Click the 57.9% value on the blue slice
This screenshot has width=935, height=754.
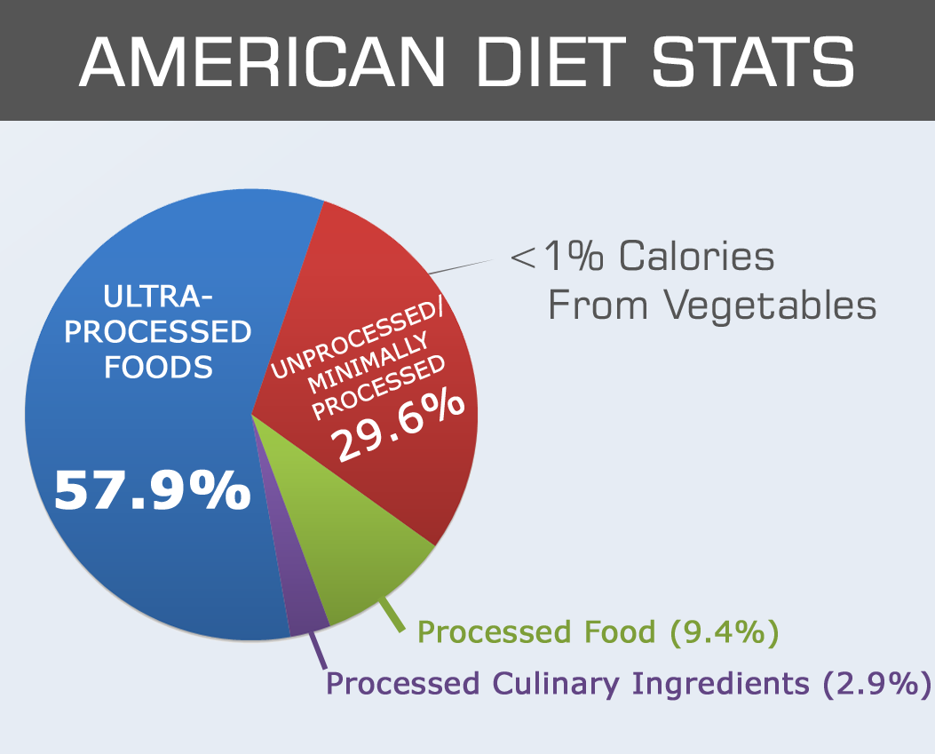[152, 489]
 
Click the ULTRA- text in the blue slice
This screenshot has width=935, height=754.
[159, 297]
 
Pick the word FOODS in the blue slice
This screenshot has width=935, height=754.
[159, 366]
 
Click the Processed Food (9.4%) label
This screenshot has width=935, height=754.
[597, 633]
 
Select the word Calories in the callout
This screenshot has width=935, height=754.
[696, 258]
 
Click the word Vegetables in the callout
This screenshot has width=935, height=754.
[770, 306]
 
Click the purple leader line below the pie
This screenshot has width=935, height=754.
[317, 653]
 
